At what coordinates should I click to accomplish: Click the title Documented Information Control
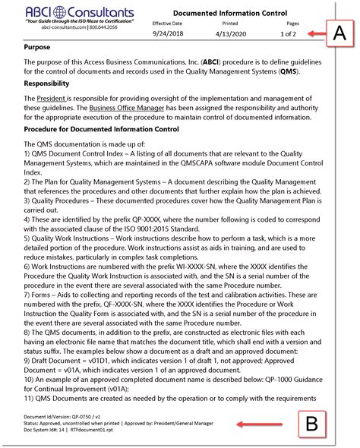[x=229, y=14]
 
